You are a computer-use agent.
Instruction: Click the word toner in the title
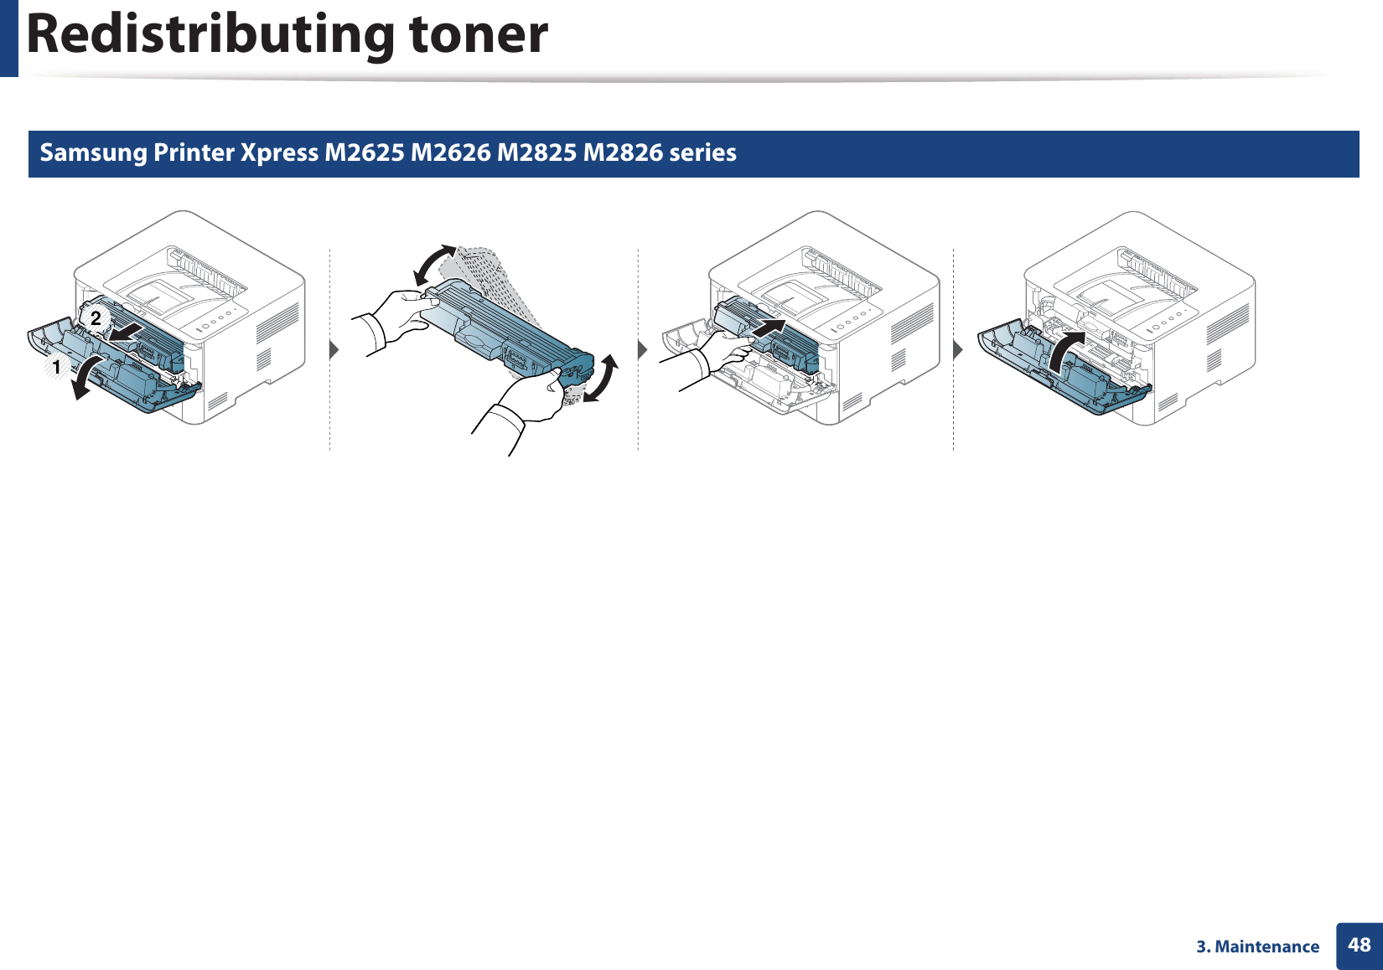[x=478, y=35]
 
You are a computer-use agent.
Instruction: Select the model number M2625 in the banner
[x=364, y=152]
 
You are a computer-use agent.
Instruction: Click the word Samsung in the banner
[x=93, y=152]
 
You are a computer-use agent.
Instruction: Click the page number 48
[x=1359, y=945]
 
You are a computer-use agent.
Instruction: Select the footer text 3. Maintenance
[x=1257, y=947]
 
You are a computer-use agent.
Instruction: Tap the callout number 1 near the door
[x=56, y=367]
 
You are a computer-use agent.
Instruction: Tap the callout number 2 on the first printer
[x=96, y=317]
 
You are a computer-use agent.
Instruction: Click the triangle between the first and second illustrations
[x=334, y=348]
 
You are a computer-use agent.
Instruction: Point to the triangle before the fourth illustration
[x=958, y=348]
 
